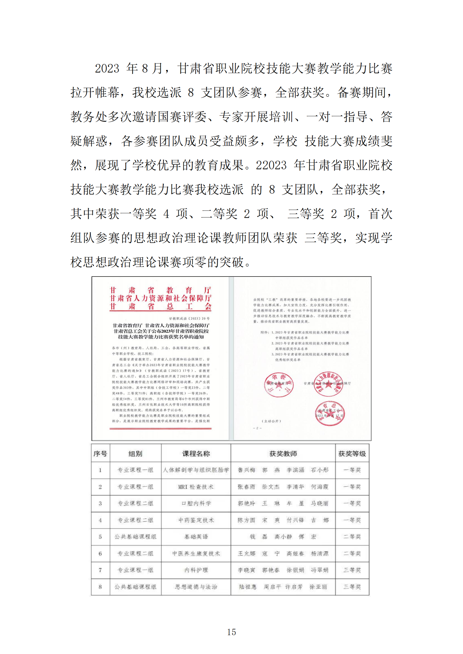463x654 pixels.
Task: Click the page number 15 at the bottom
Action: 231,632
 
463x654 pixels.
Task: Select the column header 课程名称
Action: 196,454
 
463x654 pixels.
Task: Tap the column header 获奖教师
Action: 283,454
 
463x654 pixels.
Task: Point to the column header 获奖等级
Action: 352,454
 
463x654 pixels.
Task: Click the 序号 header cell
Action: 100,454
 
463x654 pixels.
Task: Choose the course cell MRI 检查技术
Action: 196,487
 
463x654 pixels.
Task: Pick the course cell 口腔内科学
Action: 196,503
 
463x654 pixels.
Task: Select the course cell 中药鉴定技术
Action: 196,520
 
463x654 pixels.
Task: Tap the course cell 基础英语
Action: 196,537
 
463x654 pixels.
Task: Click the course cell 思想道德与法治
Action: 196,587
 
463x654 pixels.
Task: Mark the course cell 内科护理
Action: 196,570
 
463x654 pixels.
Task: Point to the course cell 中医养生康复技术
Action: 196,553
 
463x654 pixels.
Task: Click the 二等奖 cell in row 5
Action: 352,537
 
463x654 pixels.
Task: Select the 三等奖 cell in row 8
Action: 352,587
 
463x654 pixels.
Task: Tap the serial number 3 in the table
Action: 100,503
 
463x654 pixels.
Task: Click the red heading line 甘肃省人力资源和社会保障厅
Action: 160,298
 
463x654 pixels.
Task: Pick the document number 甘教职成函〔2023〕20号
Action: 189,318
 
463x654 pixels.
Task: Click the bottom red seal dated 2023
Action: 329,413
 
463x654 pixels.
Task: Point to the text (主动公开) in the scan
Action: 271,421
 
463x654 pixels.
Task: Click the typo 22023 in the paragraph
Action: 271,165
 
